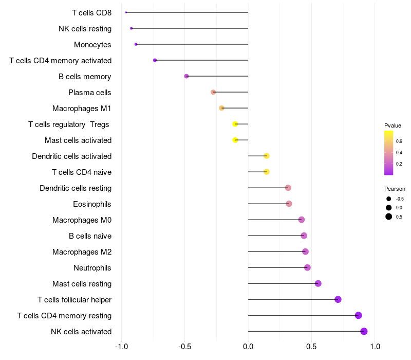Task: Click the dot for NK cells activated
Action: (x=364, y=331)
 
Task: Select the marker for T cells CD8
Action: (x=126, y=12)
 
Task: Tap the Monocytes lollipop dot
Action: (x=136, y=44)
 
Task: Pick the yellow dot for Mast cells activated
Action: (x=235, y=140)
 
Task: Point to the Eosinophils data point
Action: (x=289, y=204)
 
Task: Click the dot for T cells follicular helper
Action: (x=338, y=299)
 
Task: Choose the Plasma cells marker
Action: (x=213, y=92)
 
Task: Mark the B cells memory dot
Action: (x=186, y=76)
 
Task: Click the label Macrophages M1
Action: (x=82, y=109)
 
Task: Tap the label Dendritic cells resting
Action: (x=76, y=188)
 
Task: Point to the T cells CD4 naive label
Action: (x=82, y=172)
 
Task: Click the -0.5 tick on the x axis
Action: (x=184, y=347)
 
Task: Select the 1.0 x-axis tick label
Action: (x=375, y=347)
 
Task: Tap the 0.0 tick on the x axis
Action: (x=248, y=347)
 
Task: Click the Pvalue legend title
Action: (x=393, y=125)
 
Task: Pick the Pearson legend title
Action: (x=395, y=189)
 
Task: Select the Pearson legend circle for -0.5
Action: (x=389, y=199)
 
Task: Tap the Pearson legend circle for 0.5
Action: (x=389, y=217)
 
